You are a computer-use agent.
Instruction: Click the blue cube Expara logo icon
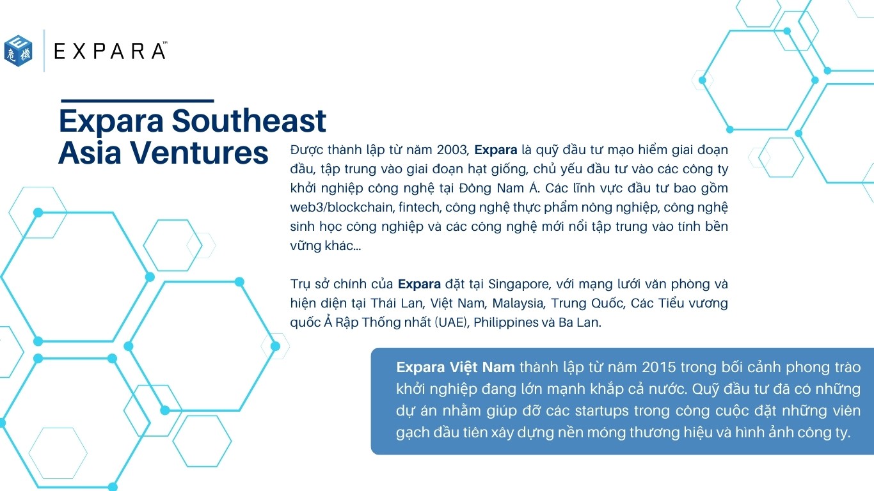click(x=19, y=51)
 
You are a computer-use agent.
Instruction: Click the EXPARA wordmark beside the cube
click(x=111, y=51)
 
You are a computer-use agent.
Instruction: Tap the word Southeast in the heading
click(x=249, y=121)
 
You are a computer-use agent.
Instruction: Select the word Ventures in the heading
click(x=200, y=153)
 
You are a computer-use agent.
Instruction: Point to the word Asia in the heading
click(x=90, y=153)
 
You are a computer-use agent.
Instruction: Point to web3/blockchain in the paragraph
click(x=342, y=207)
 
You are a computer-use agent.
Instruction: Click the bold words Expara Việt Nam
click(x=456, y=368)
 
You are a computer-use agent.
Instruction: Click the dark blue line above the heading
click(x=138, y=101)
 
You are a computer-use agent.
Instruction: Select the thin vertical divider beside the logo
click(x=44, y=51)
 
